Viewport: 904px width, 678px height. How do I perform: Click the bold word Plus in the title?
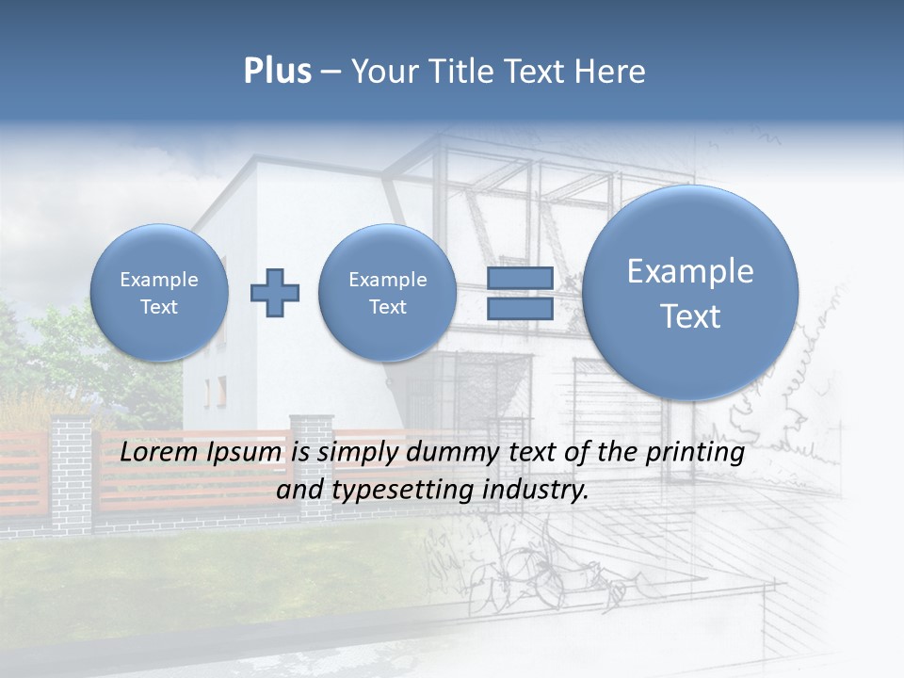[x=277, y=72]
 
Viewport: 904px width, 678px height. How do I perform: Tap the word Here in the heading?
[x=610, y=72]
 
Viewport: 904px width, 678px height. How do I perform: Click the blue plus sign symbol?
[x=274, y=292]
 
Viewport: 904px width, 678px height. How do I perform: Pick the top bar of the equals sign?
[x=519, y=279]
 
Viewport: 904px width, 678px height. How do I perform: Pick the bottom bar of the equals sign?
[x=519, y=309]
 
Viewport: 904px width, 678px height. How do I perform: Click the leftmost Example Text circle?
[x=158, y=293]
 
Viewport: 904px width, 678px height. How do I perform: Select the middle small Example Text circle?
[x=387, y=293]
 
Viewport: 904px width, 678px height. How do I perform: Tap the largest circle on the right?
[x=690, y=293]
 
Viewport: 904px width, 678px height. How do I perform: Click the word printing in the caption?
[x=693, y=453]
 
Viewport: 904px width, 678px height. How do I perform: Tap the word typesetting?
[x=399, y=491]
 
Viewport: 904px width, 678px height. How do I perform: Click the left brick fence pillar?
[x=72, y=471]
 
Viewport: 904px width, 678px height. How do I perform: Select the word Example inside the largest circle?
[x=690, y=271]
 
